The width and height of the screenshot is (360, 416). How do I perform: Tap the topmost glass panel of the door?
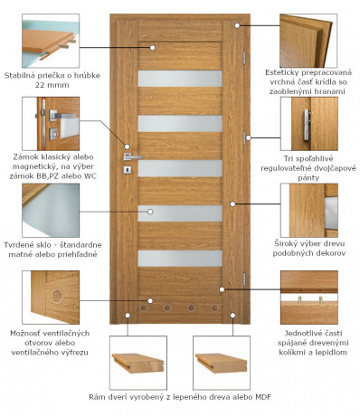179,79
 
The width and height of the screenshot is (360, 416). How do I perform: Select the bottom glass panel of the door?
179,258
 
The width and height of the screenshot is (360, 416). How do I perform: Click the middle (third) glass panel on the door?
179,168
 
